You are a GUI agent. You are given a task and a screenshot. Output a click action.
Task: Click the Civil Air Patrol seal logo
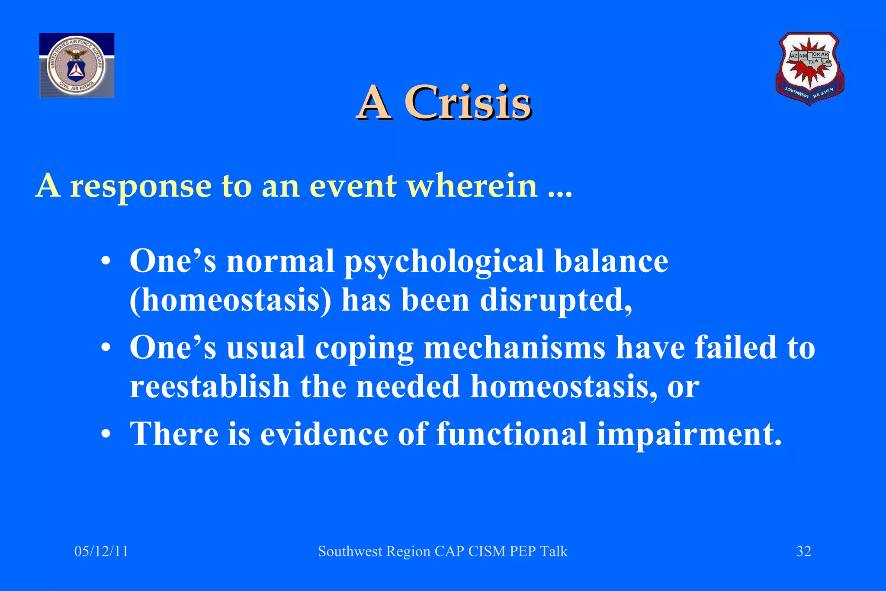(x=77, y=65)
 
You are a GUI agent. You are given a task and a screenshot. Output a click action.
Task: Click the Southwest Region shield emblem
(x=809, y=68)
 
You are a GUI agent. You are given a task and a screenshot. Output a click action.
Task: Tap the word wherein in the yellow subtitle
(x=472, y=186)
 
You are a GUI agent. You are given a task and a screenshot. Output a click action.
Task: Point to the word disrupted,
(x=556, y=300)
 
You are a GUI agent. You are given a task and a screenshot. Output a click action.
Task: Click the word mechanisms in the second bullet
(x=514, y=347)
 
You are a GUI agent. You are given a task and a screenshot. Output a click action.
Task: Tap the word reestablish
(x=210, y=386)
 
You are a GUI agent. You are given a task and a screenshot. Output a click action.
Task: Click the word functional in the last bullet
(x=511, y=434)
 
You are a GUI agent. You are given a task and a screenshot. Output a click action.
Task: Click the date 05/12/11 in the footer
(x=101, y=551)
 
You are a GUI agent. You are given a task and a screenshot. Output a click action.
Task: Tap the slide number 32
(x=803, y=551)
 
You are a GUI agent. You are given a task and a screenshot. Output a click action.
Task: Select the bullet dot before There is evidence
(x=106, y=434)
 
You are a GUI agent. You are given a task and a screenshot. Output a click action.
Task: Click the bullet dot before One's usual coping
(x=106, y=348)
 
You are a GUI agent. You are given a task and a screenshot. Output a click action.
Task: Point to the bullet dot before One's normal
(x=106, y=262)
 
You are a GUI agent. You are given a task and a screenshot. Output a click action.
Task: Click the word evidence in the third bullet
(x=324, y=434)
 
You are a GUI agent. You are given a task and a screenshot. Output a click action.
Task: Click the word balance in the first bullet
(x=611, y=261)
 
